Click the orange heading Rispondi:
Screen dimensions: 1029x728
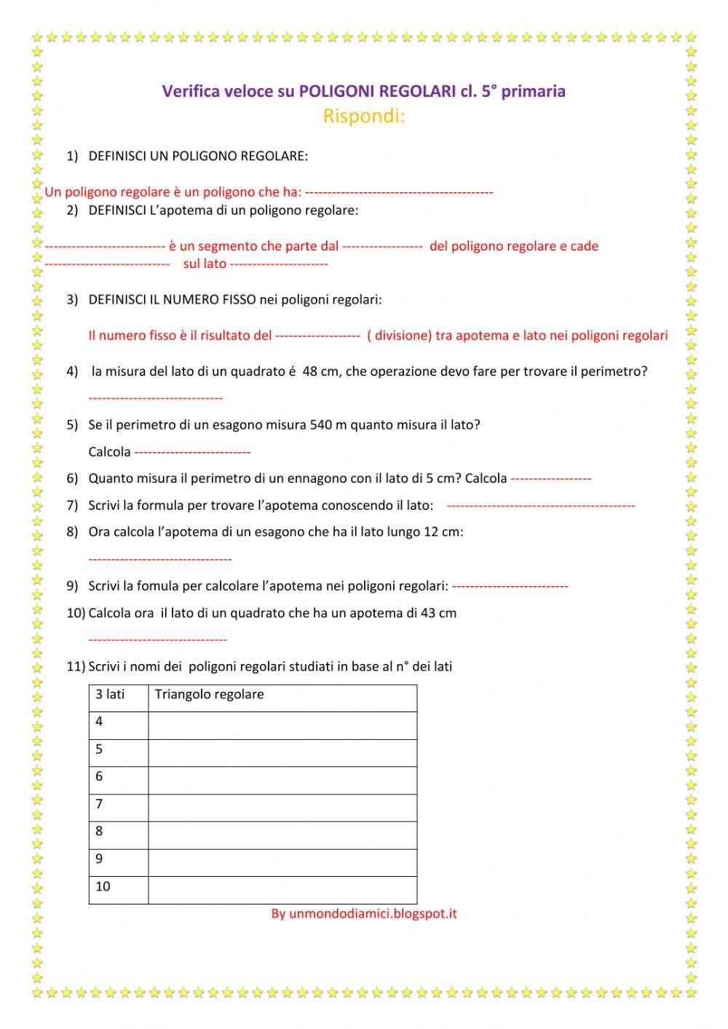click(x=363, y=116)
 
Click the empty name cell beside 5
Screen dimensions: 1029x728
click(x=282, y=750)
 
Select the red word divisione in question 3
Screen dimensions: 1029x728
click(x=403, y=336)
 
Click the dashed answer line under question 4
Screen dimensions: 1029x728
click(x=155, y=398)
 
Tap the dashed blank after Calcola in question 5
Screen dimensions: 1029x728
click(x=193, y=452)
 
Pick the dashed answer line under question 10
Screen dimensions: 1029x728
click(x=157, y=640)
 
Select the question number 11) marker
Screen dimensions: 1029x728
click(x=76, y=666)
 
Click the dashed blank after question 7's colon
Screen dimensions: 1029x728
click(x=540, y=505)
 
